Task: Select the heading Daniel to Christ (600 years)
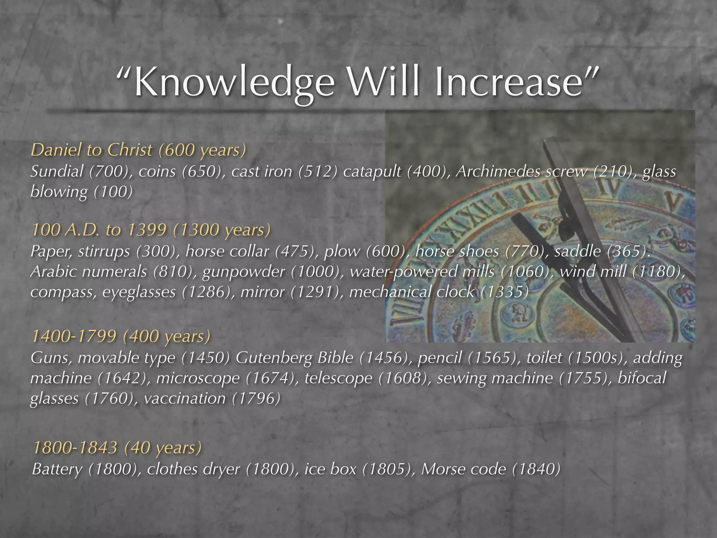coord(138,150)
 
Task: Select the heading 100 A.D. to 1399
coord(151,230)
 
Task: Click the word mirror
coord(262,292)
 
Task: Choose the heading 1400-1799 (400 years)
coord(121,336)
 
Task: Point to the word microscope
coord(198,378)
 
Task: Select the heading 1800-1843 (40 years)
coord(117,448)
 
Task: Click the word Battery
coord(57,469)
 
